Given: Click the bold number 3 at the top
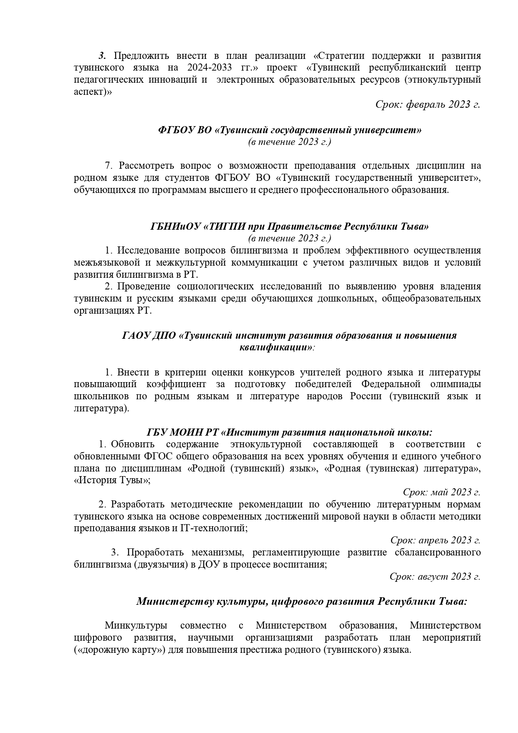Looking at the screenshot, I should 102,56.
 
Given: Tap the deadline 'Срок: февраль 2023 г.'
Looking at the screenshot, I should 428,104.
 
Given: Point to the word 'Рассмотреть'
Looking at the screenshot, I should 140,166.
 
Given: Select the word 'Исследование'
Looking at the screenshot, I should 145,250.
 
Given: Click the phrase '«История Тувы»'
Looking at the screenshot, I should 112,480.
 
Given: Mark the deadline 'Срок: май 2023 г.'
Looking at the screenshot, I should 442,492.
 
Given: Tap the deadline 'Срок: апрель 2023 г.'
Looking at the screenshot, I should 435,540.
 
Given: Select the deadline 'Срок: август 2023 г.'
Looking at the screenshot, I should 435,576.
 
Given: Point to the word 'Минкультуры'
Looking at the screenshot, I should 136,625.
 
